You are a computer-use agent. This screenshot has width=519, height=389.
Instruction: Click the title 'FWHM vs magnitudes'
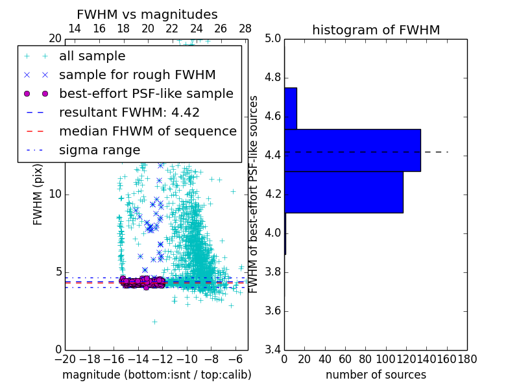(147, 14)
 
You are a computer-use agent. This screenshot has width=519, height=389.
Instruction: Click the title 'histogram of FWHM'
(376, 30)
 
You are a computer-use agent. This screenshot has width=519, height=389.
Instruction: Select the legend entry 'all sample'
(92, 56)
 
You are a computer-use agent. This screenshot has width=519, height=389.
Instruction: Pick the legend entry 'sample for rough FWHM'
(137, 75)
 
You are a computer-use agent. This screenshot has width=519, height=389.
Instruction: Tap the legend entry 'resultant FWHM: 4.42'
(129, 112)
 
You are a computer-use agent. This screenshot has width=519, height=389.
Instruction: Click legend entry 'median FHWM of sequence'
(147, 131)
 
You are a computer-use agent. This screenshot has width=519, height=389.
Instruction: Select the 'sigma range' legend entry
(99, 150)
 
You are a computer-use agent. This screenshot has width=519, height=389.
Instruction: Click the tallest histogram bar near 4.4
(352, 150)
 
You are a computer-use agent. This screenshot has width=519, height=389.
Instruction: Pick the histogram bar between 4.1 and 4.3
(343, 192)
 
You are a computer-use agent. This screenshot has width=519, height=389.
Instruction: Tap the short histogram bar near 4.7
(290, 108)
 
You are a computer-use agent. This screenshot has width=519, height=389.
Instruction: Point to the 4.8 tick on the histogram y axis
(272, 78)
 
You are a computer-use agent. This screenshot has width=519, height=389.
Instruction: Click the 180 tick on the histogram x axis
(466, 359)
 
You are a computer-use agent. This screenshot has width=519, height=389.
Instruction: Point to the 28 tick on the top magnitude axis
(245, 29)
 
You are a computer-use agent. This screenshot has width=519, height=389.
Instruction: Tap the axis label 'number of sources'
(376, 375)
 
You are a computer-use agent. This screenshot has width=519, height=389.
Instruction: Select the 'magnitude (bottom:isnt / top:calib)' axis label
(156, 375)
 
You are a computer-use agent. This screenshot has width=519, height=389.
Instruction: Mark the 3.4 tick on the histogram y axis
(272, 349)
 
